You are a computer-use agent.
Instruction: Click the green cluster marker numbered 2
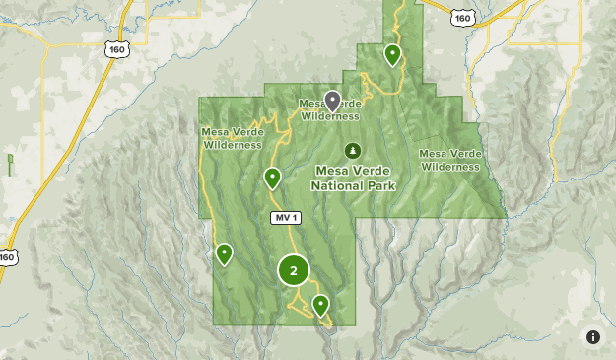pos(294,270)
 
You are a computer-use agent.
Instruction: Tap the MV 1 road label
pos(284,217)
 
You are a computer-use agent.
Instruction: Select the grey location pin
pos(333,101)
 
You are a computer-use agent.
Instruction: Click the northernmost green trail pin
pos(392,54)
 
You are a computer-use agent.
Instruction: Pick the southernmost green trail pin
pos(320,304)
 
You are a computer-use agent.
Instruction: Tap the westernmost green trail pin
pos(225,253)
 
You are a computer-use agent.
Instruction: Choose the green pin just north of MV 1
pos(272,178)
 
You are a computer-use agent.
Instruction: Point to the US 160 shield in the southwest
pos(7,256)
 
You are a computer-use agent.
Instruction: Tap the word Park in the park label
pos(382,184)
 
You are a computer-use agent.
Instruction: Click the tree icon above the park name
pos(354,148)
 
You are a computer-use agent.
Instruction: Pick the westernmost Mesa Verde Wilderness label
pos(233,138)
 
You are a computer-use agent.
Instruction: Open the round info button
pos(593,337)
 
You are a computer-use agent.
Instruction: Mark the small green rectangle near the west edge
pos(10,163)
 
